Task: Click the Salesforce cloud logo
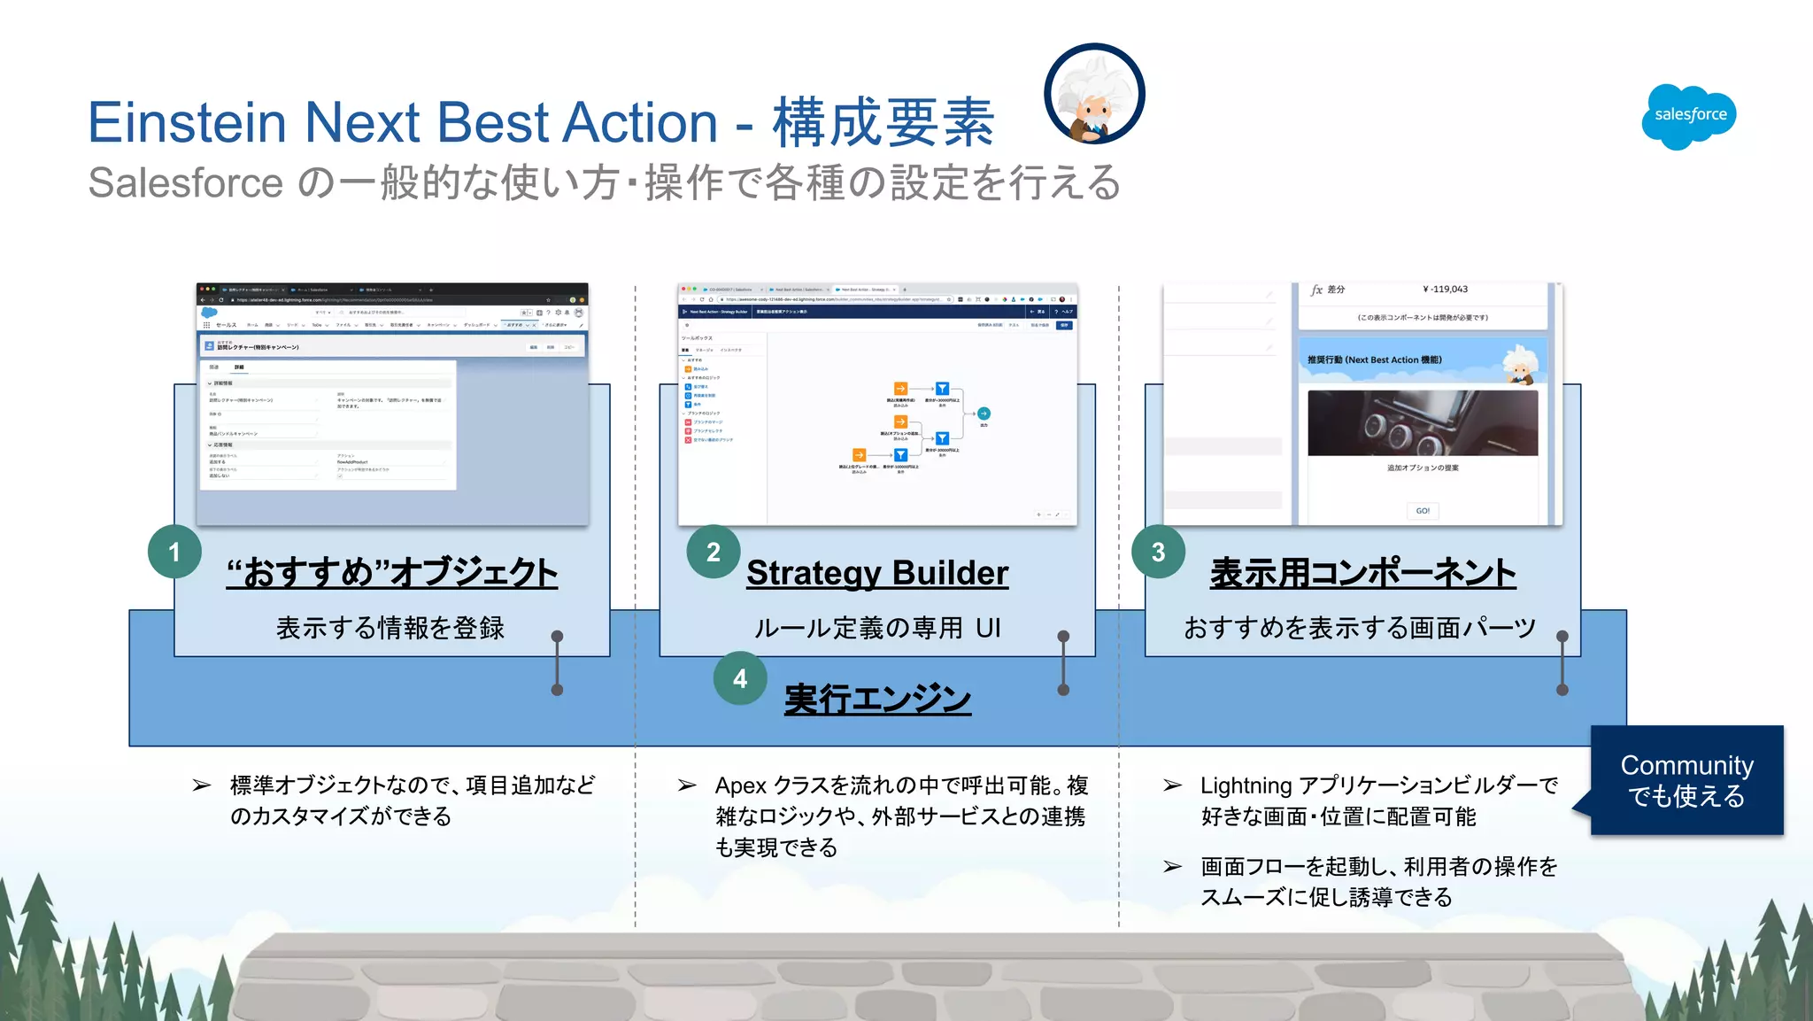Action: (x=1689, y=116)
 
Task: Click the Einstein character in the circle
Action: (x=1094, y=95)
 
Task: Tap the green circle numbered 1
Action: (x=174, y=552)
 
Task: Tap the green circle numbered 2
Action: (x=714, y=552)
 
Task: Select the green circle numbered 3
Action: (x=1158, y=552)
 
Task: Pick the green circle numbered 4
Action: (x=740, y=678)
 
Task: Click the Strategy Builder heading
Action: (x=876, y=573)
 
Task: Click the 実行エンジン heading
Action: (x=876, y=699)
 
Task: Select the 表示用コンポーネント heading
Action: (x=1362, y=573)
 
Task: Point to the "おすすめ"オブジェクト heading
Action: (x=391, y=573)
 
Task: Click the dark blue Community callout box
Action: (x=1686, y=780)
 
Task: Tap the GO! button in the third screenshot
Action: (x=1423, y=511)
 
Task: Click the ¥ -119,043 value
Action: (x=1445, y=290)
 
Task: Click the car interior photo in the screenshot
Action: (x=1423, y=423)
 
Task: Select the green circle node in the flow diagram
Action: (x=984, y=414)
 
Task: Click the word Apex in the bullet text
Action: (x=740, y=785)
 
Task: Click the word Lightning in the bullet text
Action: (x=1246, y=785)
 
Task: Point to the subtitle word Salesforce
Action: (x=185, y=183)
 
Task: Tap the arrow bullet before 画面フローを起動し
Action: (x=1172, y=866)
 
